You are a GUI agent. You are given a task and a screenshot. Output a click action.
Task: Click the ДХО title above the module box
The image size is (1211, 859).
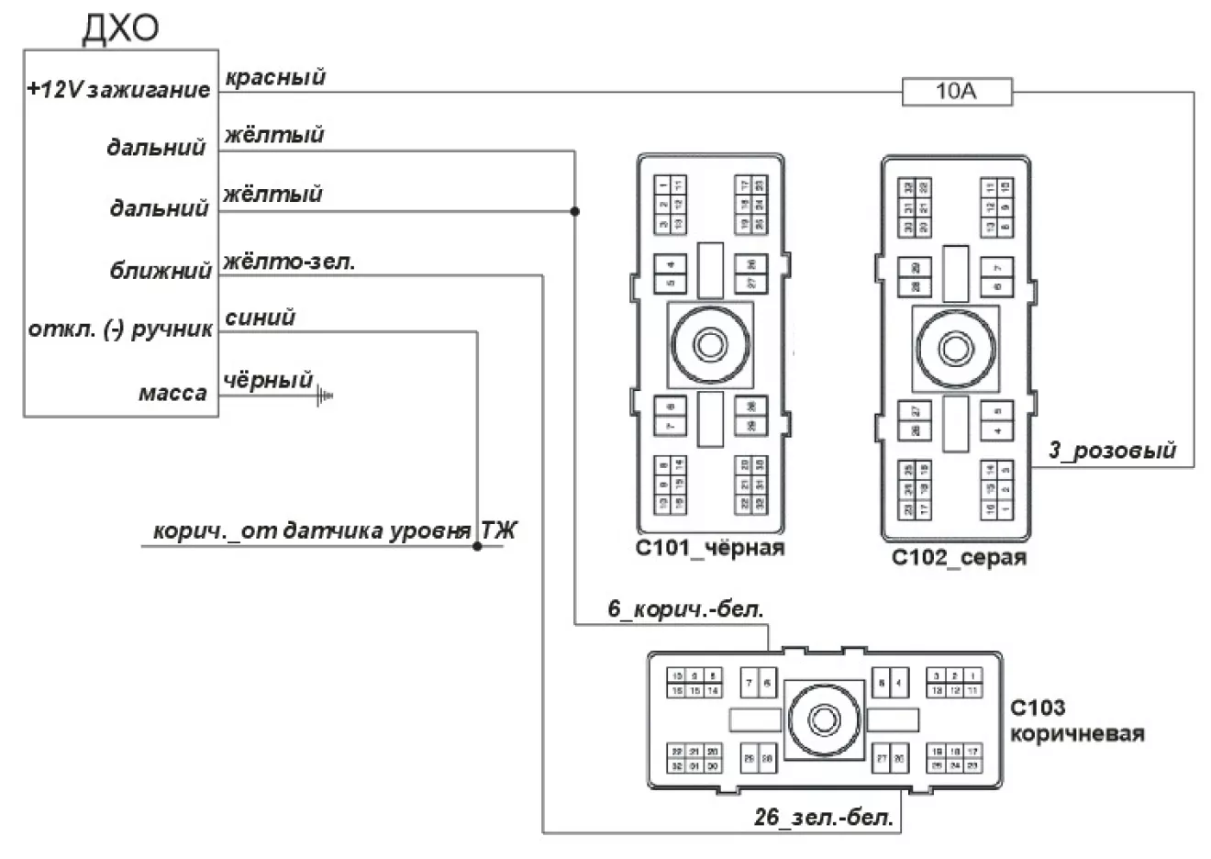coord(120,28)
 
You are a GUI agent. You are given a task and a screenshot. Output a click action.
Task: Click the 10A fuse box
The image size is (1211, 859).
coord(957,92)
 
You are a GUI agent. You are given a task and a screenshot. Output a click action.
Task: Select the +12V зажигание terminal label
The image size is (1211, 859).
coord(119,90)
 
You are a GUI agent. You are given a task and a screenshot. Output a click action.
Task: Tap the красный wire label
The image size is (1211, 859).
coord(275,77)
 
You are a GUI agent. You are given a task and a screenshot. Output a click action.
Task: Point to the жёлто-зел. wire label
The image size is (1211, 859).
coord(289,262)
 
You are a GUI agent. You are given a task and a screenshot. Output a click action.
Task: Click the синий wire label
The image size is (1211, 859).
coord(260,318)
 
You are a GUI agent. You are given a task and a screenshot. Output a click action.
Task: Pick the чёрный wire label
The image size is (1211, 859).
coord(268,380)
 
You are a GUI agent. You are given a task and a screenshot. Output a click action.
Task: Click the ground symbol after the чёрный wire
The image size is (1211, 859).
coord(324,396)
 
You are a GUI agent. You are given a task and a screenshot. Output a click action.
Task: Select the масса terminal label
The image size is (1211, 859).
coord(172,394)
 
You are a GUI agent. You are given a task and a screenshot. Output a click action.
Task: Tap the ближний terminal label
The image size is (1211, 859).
coord(161,271)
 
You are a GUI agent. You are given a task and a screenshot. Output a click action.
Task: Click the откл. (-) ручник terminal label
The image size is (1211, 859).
coord(120,329)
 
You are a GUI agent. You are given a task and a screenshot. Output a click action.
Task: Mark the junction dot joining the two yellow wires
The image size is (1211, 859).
coord(575,211)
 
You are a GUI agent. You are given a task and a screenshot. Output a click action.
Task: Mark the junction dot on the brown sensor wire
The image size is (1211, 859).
coord(477,546)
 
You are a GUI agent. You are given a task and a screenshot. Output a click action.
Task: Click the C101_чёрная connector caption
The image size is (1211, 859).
coord(710,548)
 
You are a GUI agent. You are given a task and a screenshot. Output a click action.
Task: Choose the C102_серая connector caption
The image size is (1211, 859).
coord(959,557)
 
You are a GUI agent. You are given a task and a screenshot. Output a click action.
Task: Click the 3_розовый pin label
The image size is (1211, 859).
coord(1112,451)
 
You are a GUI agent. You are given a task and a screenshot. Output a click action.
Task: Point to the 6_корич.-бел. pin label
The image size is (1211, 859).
coord(685,609)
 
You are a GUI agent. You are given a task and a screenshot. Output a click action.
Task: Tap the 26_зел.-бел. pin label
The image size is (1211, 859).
coord(824,817)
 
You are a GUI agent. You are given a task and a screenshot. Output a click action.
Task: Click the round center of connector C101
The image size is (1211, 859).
coord(710,345)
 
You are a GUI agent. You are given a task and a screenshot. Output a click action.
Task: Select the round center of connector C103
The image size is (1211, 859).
coord(824,719)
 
